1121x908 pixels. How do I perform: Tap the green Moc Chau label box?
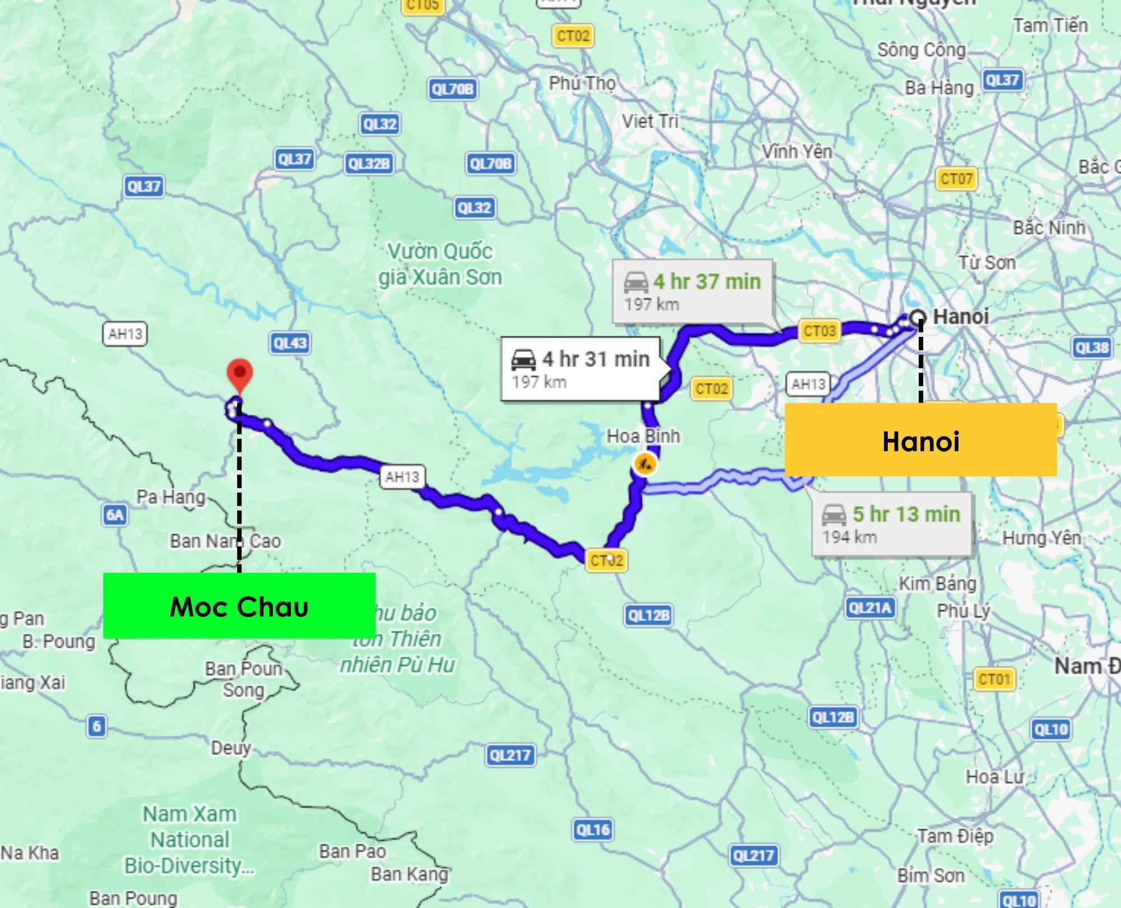(239, 606)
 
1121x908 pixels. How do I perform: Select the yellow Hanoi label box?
(920, 440)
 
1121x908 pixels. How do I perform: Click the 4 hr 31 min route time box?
(581, 369)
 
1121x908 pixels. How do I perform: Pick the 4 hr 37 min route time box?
(693, 291)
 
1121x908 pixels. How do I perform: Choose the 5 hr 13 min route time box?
(892, 524)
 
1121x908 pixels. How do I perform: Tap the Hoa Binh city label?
(643, 436)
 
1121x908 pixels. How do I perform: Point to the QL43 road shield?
(290, 343)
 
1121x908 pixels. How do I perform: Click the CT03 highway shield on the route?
(819, 331)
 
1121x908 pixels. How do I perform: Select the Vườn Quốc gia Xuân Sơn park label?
(440, 264)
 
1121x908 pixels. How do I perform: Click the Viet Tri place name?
(650, 121)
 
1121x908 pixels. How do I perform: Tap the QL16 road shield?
(592, 830)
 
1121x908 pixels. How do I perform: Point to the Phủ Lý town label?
(963, 610)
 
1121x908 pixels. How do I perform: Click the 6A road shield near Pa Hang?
(115, 515)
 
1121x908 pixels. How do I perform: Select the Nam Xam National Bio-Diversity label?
(189, 839)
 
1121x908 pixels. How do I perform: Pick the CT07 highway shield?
(956, 179)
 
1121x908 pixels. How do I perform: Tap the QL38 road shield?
(1091, 348)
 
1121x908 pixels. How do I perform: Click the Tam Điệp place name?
(955, 836)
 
